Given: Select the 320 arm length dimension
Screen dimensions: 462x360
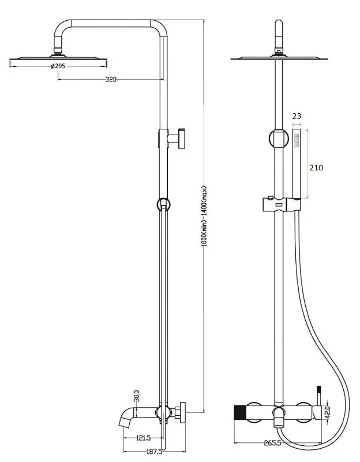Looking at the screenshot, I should coord(111,80).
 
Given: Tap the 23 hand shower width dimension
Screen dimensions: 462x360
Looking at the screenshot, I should coord(297,116).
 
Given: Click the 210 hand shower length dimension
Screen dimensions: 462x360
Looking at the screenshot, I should coord(316,168).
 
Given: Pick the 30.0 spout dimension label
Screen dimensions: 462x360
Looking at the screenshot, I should coord(137,396).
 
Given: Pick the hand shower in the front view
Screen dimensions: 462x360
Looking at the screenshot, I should coord(297,165).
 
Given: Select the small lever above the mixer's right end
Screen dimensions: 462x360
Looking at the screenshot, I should coord(317,396).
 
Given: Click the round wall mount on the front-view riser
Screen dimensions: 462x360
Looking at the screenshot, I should coord(279,139).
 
